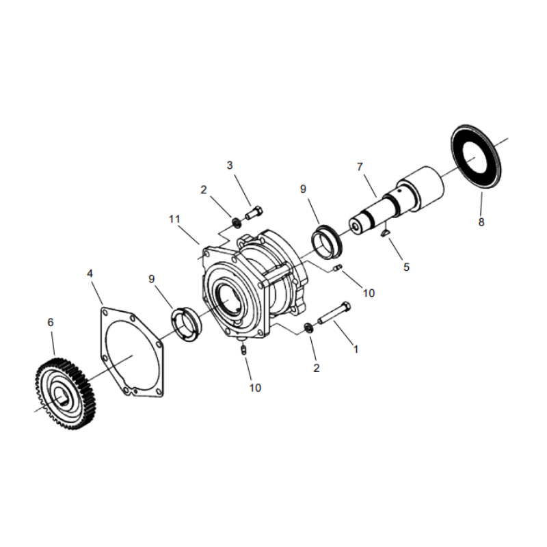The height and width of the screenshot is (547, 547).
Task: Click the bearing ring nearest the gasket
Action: [185, 323]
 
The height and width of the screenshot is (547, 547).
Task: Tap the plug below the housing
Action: [244, 350]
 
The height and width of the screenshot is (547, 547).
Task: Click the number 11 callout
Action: [175, 219]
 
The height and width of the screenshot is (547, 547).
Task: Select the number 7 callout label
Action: [360, 166]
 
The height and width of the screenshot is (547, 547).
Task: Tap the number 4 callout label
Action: [90, 273]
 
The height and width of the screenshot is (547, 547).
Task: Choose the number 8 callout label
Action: [481, 222]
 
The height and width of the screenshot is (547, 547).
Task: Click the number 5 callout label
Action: [406, 267]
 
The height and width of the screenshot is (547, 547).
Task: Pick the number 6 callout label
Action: [49, 321]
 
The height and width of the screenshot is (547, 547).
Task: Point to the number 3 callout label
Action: [230, 165]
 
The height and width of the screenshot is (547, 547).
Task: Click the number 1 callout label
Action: [356, 348]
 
